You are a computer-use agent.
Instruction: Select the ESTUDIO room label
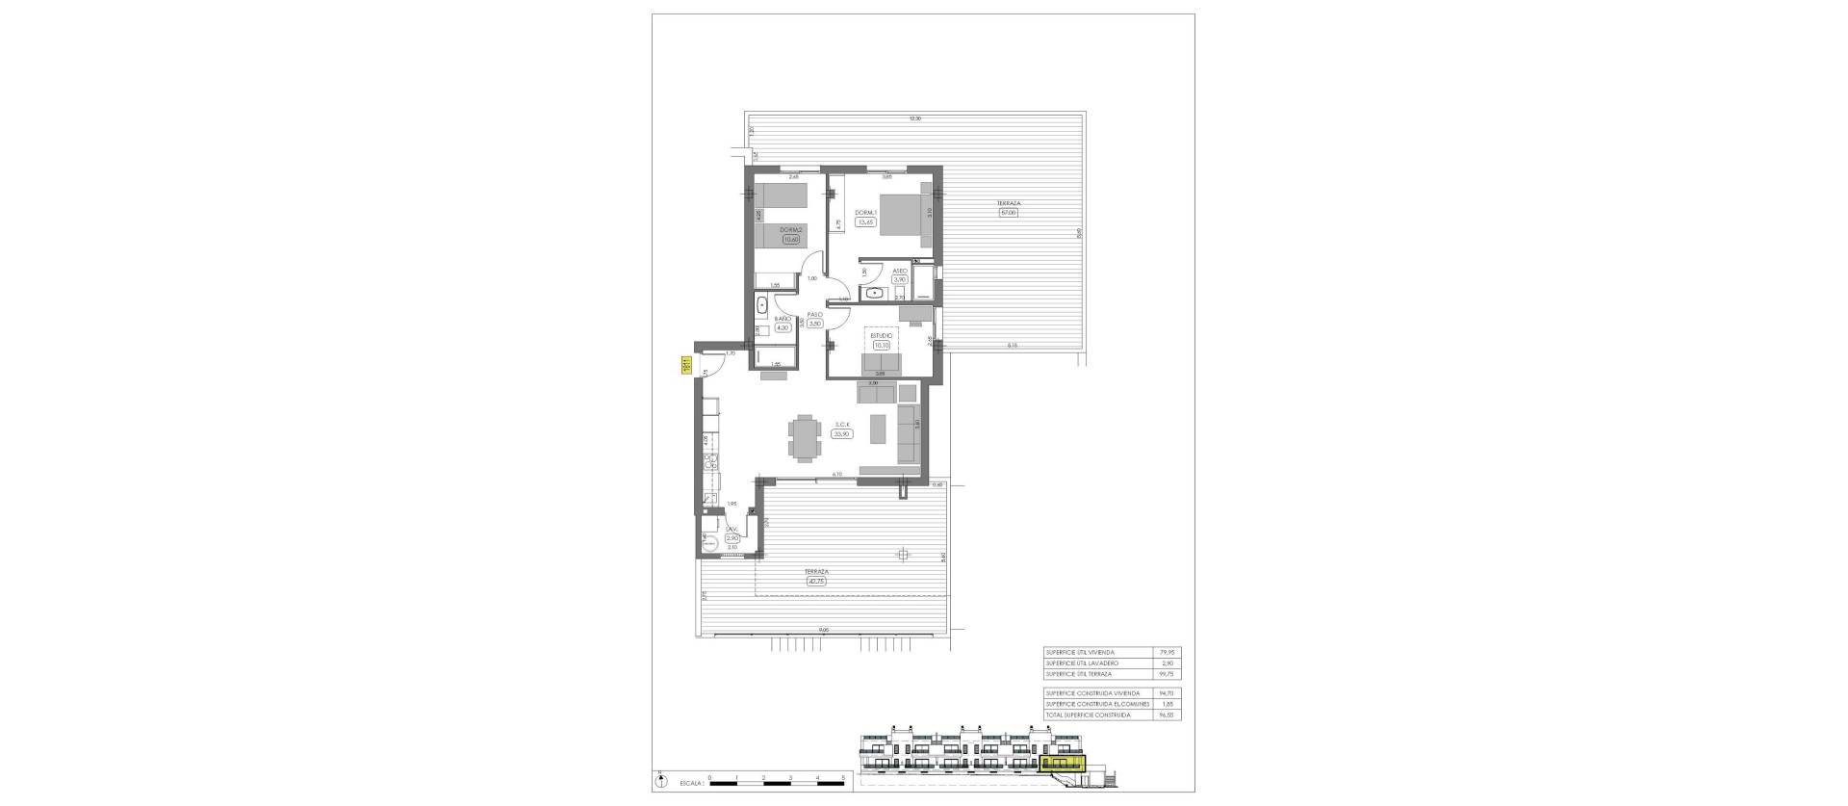tap(881, 336)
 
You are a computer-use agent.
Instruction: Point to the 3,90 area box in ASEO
tap(900, 280)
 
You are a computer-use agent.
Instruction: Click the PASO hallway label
tap(814, 314)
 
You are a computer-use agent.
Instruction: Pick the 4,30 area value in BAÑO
tap(782, 327)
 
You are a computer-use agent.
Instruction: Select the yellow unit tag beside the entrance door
tap(686, 366)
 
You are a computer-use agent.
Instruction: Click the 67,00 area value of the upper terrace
tap(1008, 212)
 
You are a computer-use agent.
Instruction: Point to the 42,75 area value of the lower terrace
tap(818, 580)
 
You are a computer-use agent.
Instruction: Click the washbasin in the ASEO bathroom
tap(875, 292)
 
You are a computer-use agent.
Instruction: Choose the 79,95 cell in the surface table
tap(1168, 652)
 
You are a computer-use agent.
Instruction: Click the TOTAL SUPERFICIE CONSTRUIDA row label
tap(1088, 715)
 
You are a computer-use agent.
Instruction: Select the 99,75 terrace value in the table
tap(1168, 674)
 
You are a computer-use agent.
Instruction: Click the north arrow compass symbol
tap(664, 778)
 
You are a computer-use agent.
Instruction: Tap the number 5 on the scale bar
tap(842, 775)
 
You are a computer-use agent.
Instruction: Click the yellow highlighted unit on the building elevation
tap(1063, 764)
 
